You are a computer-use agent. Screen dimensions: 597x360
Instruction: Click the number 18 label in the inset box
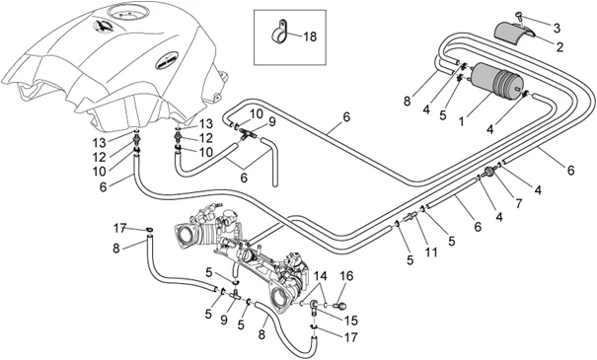pos(310,36)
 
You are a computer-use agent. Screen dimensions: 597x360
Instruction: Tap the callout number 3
pos(557,28)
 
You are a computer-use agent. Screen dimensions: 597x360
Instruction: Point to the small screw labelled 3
pos(520,16)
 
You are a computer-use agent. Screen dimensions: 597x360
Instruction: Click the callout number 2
pos(560,47)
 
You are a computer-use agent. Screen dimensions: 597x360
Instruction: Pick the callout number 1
pos(462,121)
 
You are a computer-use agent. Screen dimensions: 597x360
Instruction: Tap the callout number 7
pos(519,203)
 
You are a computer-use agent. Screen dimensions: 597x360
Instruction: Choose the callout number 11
pos(431,252)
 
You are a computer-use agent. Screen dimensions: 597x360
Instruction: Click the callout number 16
pos(346,275)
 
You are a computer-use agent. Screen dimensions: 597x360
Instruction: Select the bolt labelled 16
pos(340,305)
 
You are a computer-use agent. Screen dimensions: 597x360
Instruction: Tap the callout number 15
pos(351,321)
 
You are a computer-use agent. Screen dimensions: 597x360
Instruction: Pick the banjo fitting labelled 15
pos(314,306)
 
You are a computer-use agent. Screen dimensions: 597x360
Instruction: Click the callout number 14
pos(320,275)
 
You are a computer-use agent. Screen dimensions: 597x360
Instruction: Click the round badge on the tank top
pos(104,26)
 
